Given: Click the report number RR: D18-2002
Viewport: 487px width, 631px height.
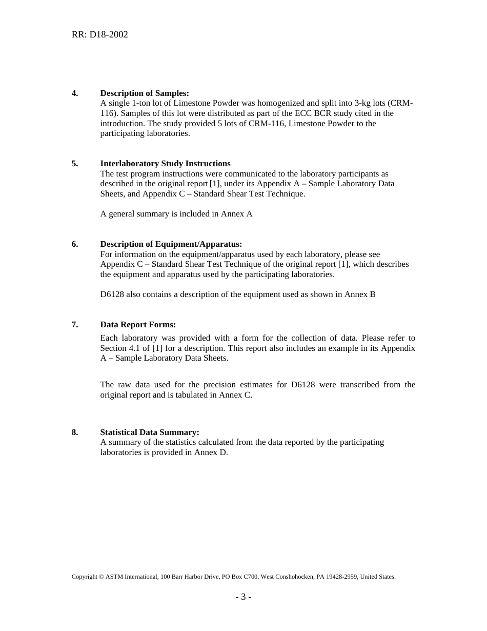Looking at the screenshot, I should click(99, 34).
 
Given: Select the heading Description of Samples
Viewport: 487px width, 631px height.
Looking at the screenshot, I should click(145, 93).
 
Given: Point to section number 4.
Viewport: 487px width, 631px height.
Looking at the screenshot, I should click(75, 93).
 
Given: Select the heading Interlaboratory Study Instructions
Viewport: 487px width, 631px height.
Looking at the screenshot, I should click(165, 164).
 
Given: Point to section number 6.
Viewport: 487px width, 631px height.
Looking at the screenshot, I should click(75, 244).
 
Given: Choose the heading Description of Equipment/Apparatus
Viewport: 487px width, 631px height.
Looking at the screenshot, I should click(171, 244).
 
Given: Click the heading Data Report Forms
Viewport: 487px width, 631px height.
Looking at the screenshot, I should click(138, 325).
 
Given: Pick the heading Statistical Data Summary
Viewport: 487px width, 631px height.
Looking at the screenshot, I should click(150, 432).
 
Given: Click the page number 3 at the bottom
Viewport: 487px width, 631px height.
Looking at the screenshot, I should click(243, 597).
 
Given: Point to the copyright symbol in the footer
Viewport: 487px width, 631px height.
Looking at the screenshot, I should click(101, 577).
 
